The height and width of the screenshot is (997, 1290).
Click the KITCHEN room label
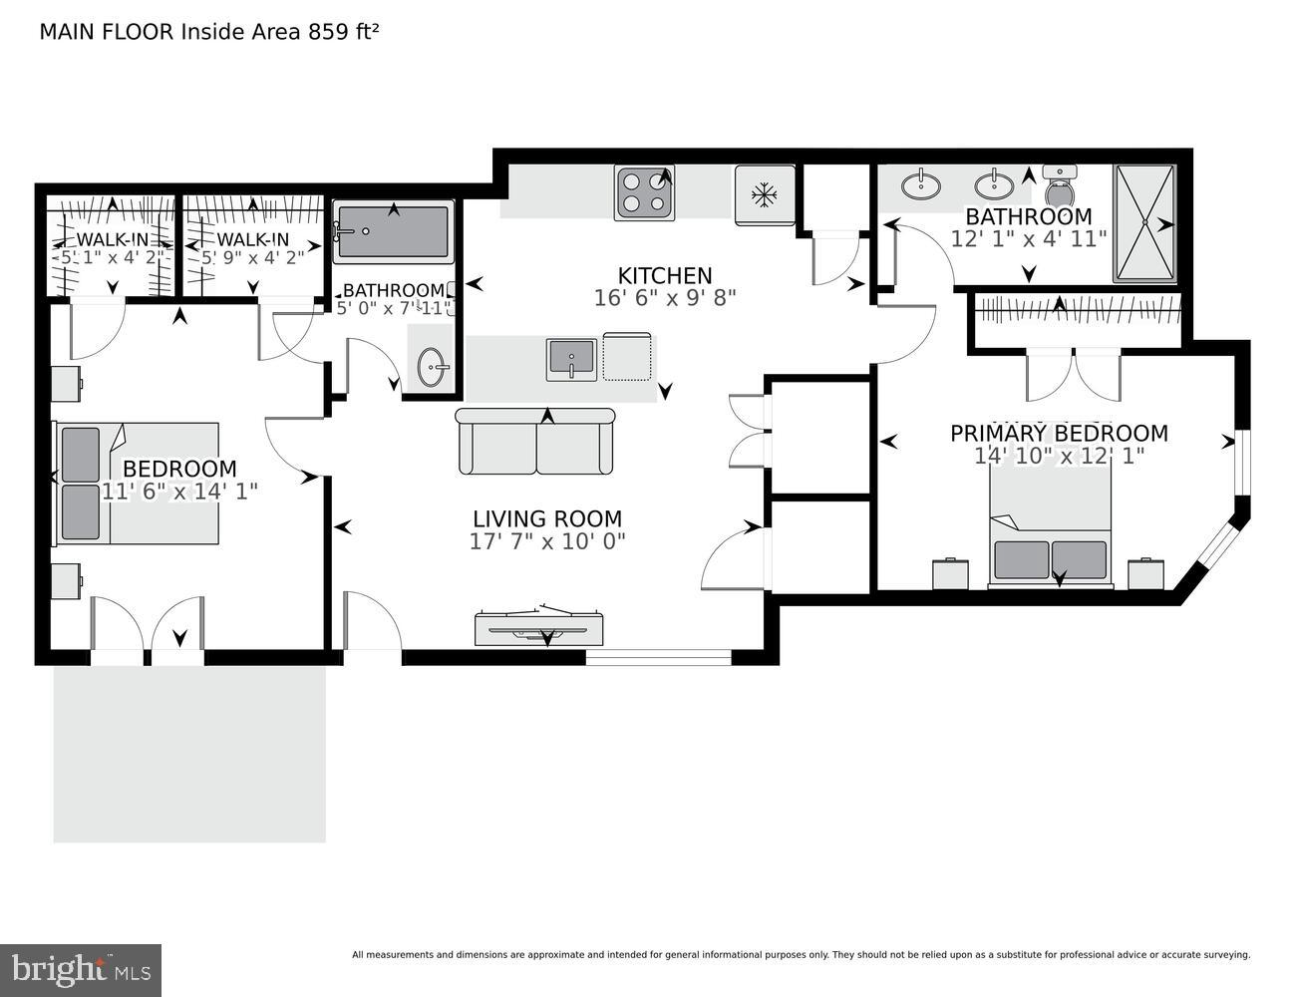point(665,275)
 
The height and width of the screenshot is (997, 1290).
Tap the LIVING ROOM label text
point(546,518)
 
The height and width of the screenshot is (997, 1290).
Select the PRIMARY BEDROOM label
point(1058,433)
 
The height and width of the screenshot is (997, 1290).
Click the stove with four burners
point(644,192)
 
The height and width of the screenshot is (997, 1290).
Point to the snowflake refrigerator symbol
point(765,194)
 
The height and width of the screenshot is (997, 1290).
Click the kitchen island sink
point(570,359)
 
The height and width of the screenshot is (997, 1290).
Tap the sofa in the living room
point(536,442)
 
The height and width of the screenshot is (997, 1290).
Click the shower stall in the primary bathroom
point(1144,223)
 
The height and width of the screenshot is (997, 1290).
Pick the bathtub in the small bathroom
point(393,232)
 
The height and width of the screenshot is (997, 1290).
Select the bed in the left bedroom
point(137,484)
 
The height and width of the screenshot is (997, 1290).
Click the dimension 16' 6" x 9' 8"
point(665,297)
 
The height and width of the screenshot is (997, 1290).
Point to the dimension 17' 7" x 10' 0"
point(546,541)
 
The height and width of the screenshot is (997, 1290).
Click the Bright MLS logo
point(81,969)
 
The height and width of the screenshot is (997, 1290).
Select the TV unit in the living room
point(539,628)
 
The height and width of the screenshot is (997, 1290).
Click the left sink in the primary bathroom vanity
point(919,184)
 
